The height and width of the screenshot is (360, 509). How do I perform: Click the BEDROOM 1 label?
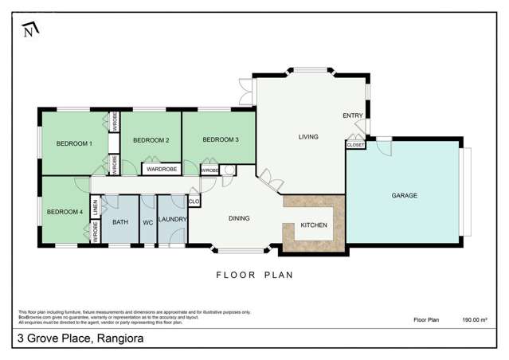coord(74,143)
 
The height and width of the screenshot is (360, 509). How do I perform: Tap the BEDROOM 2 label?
coord(151,140)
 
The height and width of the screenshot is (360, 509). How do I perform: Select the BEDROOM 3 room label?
coord(221,140)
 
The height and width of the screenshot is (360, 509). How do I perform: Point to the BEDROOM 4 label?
coord(64,211)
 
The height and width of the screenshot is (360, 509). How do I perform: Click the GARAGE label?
coord(404,195)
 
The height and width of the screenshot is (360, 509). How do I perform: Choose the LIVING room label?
coord(308,137)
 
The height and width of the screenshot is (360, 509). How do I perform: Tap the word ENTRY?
coord(353,115)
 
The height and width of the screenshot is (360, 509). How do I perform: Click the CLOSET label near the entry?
coord(355,145)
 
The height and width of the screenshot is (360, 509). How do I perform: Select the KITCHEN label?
coord(314,226)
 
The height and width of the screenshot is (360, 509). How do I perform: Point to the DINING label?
coord(239,218)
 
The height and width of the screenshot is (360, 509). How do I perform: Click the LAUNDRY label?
coord(172,219)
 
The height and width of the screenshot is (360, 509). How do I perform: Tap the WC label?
coord(147,222)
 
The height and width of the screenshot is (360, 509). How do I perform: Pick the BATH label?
coord(120,222)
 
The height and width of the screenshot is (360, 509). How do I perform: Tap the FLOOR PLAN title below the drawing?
coord(255,276)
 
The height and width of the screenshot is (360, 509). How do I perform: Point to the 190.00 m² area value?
coord(476,319)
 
